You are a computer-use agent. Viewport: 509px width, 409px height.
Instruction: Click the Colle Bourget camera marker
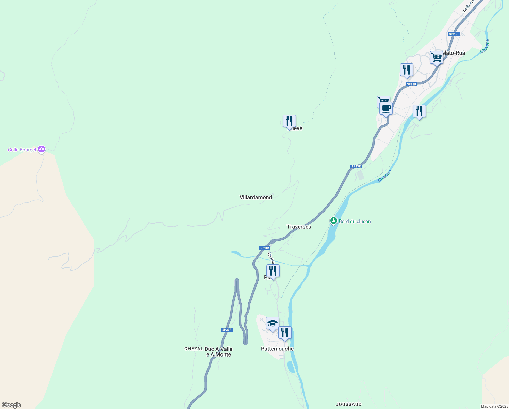pos(42,149)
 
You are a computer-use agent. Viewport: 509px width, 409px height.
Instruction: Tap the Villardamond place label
pos(256,197)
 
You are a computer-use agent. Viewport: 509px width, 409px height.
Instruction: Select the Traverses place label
pos(299,227)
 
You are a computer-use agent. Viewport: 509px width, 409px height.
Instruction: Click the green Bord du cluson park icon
pos(334,221)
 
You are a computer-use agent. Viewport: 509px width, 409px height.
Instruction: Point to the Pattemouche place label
pos(277,349)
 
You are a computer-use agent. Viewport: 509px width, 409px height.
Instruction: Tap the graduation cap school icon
pos(273,323)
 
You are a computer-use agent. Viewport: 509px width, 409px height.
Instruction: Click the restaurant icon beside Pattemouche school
pos(285,333)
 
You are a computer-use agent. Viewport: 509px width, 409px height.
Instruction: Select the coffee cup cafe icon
pos(386,109)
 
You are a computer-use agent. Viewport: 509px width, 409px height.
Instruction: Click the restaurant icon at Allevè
pos(289,121)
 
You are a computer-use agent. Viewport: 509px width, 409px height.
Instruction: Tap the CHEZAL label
pos(194,349)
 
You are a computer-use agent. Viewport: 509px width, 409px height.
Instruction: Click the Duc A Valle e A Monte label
pos(218,352)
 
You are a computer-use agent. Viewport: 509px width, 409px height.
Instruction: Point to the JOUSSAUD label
pos(348,404)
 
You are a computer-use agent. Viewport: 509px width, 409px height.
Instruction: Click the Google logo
pos(12,405)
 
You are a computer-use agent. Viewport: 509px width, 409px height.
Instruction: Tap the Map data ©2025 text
pos(494,406)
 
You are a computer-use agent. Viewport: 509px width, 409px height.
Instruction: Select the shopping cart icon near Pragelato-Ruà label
pos(437,58)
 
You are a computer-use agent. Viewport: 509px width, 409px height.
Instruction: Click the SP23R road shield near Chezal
pos(227,330)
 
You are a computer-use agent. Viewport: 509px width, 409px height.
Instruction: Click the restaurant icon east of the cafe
pos(419,111)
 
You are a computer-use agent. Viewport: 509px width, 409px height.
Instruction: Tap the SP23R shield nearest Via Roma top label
pos(454,34)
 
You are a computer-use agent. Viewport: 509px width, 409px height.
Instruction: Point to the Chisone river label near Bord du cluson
pos(385,176)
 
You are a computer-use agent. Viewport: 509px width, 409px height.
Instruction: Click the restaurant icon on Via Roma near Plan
pos(273,271)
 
